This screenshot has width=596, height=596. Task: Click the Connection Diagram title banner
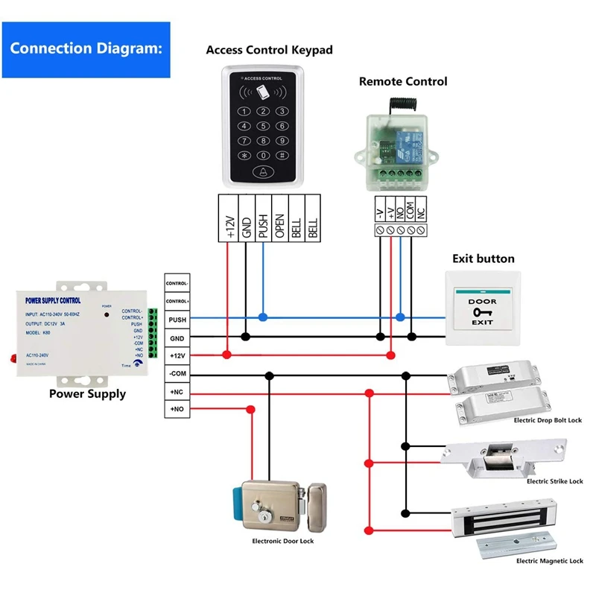click(x=86, y=50)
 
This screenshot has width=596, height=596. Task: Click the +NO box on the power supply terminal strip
click(x=177, y=409)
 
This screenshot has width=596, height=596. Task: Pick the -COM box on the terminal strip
click(x=177, y=373)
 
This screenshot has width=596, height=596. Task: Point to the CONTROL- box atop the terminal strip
click(x=177, y=284)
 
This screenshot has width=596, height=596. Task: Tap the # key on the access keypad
click(x=282, y=155)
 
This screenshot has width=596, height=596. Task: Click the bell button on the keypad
click(x=261, y=172)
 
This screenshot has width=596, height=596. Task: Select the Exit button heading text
click(x=484, y=259)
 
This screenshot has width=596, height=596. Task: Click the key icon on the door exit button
click(x=482, y=313)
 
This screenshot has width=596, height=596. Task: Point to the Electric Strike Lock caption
click(x=554, y=481)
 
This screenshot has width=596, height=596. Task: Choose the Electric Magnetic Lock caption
click(x=549, y=560)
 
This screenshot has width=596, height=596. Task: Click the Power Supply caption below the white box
click(x=87, y=394)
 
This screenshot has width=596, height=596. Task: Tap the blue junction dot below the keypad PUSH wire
click(x=262, y=317)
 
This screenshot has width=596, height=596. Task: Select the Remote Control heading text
click(x=403, y=81)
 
